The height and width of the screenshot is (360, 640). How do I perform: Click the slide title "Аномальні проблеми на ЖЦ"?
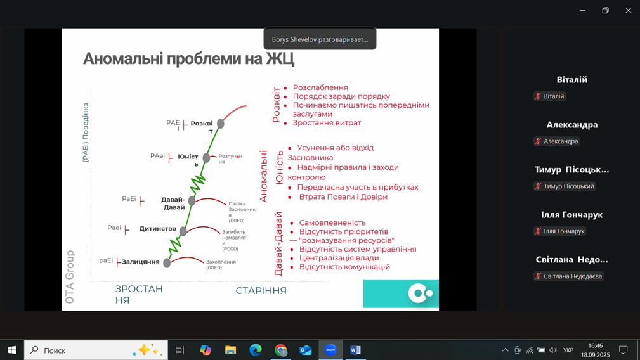(188, 59)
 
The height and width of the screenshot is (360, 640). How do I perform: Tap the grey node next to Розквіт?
(220, 124)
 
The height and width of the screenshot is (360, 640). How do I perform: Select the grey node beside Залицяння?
(167, 263)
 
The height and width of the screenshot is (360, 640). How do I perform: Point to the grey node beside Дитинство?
(183, 231)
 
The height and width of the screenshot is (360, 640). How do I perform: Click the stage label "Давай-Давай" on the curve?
(173, 203)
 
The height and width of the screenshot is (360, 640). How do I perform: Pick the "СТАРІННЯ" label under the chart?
(261, 291)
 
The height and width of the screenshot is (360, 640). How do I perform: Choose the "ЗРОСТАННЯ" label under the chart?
(139, 294)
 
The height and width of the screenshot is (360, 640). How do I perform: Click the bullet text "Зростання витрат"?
(327, 123)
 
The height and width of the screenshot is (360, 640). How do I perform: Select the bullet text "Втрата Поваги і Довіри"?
(343, 197)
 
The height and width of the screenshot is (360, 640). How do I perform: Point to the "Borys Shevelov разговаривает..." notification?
(320, 39)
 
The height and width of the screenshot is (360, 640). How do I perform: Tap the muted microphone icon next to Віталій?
(538, 96)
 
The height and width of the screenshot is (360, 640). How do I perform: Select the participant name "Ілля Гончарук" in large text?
(572, 215)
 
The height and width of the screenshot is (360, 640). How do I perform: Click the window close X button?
(628, 11)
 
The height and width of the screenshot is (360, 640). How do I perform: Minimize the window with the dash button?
(582, 11)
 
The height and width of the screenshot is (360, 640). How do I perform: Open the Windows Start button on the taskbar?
(12, 350)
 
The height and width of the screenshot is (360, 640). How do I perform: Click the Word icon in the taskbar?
(355, 350)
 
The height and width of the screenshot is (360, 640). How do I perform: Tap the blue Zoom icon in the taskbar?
(330, 350)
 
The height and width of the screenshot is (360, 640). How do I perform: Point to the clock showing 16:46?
(596, 345)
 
